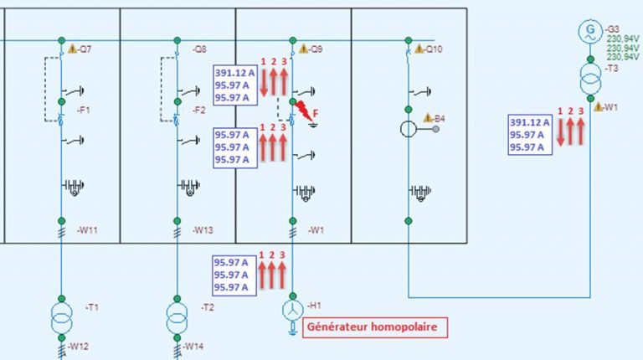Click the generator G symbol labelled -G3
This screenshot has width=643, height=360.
(x=590, y=32)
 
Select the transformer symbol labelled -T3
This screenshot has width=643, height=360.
(x=590, y=79)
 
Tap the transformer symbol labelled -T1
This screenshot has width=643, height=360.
(x=61, y=318)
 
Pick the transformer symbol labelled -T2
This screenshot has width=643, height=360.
(x=177, y=318)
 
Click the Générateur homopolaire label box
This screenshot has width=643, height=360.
(x=375, y=327)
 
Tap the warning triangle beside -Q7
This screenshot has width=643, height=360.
(x=73, y=49)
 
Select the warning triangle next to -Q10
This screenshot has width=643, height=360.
(x=419, y=49)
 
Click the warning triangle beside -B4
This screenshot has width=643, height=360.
(x=428, y=118)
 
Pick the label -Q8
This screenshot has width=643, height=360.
(x=199, y=49)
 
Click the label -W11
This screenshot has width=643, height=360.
(x=87, y=230)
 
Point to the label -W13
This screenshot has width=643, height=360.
(x=203, y=230)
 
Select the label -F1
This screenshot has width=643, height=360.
(x=83, y=110)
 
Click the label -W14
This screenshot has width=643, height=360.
(x=193, y=347)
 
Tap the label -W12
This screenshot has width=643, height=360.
(x=78, y=347)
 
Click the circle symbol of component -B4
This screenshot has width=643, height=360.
(x=409, y=129)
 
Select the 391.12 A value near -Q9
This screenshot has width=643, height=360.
(x=235, y=73)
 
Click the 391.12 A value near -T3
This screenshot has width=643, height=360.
(x=530, y=122)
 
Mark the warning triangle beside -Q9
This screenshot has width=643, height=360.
(x=303, y=49)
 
